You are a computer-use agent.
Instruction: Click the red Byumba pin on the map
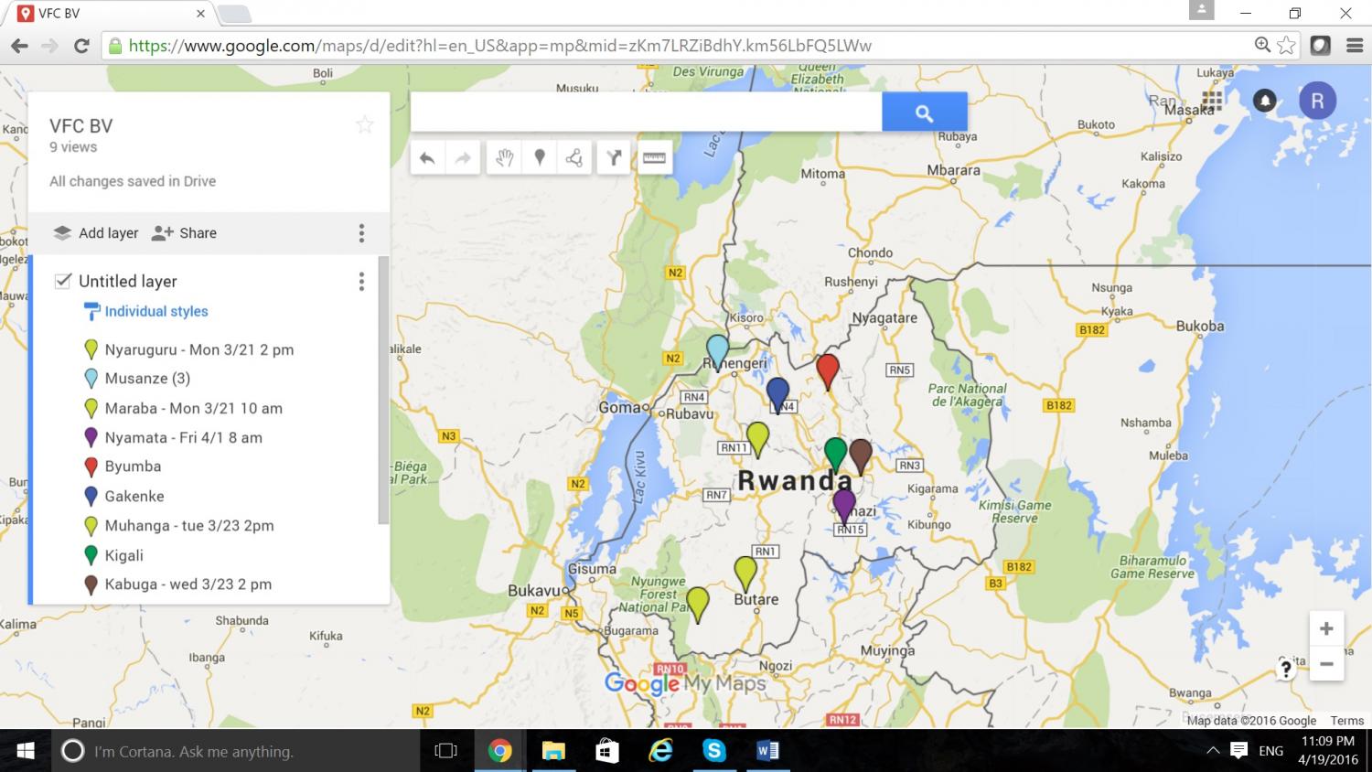tap(828, 369)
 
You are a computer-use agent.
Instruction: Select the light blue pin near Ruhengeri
tap(718, 348)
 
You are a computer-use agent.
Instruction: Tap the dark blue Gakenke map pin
tap(777, 392)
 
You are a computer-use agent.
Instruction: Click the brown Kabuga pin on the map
tap(861, 453)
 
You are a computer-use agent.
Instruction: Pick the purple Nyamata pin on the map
tap(844, 503)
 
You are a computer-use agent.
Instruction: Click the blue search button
tap(924, 113)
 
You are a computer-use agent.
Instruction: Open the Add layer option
tap(96, 233)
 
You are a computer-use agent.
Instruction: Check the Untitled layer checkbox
tap(63, 281)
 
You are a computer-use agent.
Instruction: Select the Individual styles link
tap(155, 311)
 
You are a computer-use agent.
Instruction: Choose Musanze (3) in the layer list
tap(147, 379)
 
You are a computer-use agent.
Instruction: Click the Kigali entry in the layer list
tap(123, 555)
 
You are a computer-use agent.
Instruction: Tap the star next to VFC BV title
tap(365, 125)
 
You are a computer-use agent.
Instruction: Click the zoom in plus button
tap(1326, 628)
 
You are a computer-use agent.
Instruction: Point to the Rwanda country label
tap(795, 480)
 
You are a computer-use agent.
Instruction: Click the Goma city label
tap(620, 407)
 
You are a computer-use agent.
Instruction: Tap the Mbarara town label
tap(953, 170)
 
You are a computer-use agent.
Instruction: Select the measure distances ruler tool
tap(654, 158)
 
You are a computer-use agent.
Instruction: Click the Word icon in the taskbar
tap(767, 751)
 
